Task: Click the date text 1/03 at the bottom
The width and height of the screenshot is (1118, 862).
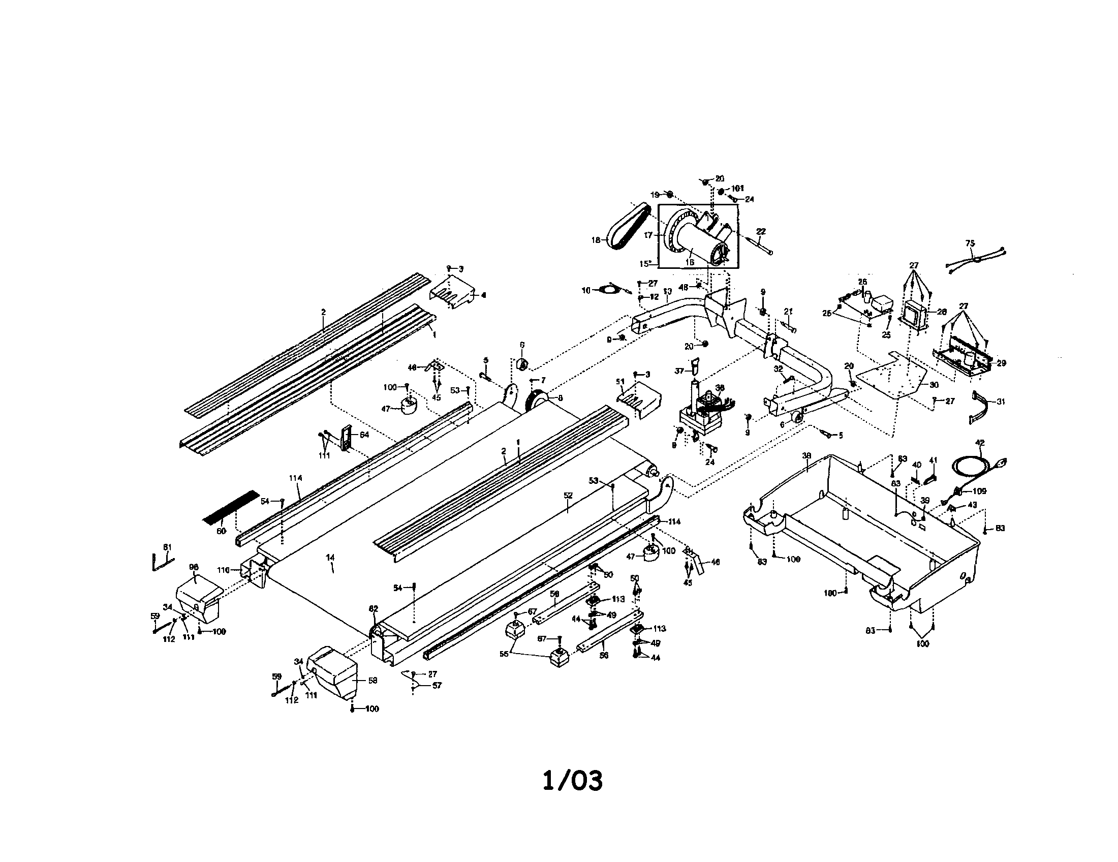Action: coord(572,781)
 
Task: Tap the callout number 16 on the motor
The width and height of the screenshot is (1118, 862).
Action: coord(690,262)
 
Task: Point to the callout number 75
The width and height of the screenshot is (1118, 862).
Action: coord(970,243)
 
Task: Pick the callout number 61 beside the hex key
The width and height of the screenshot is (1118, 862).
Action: coord(167,547)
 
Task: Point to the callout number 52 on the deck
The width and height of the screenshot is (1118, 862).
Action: coord(568,496)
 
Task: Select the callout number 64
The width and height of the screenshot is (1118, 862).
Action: coord(364,435)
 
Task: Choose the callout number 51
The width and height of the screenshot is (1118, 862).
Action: coord(620,381)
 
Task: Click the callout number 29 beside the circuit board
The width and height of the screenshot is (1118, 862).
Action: coord(1001,363)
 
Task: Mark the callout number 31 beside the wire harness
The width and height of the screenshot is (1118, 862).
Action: coord(1001,402)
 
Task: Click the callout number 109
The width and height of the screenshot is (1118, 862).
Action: coord(979,491)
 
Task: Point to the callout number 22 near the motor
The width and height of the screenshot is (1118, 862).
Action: coord(761,231)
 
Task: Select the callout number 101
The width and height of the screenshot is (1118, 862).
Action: coord(738,189)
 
